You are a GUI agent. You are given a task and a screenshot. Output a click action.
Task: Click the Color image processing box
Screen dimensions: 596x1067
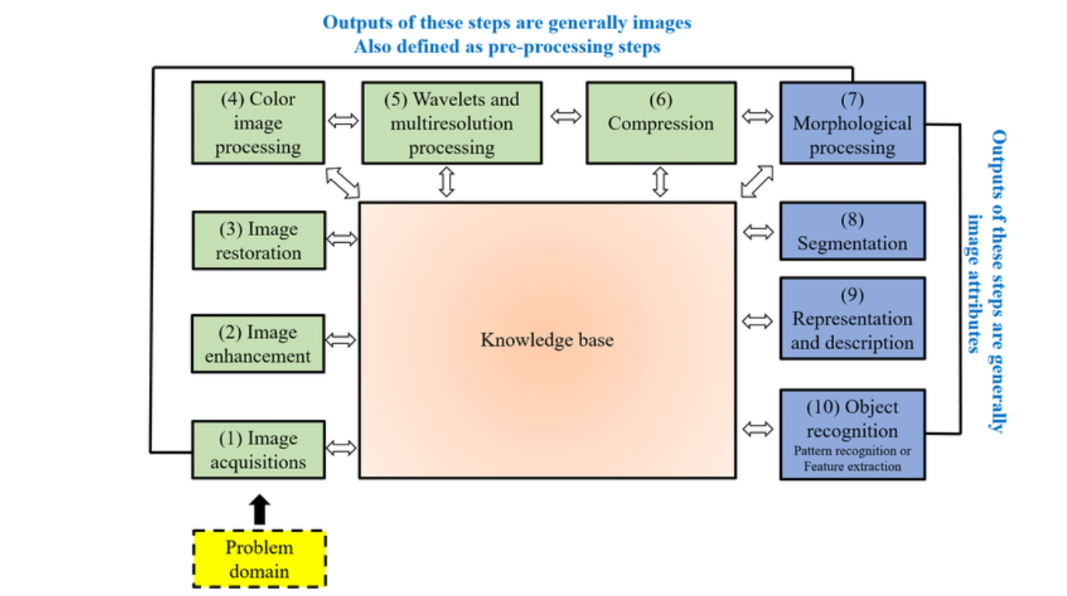(x=258, y=123)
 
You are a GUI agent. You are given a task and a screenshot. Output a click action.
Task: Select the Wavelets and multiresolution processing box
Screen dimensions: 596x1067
(x=451, y=123)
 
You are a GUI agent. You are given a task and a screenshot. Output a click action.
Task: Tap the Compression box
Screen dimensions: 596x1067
(x=660, y=123)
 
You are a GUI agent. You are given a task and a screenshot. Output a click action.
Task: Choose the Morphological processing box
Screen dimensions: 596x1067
(x=852, y=123)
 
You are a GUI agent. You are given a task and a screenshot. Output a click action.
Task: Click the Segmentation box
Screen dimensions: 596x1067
(x=852, y=231)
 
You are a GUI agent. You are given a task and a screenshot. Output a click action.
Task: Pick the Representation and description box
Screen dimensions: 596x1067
(x=852, y=318)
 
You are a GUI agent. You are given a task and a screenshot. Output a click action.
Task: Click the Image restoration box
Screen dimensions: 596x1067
(x=258, y=241)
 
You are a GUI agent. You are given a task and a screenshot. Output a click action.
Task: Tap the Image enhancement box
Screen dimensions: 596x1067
(x=258, y=344)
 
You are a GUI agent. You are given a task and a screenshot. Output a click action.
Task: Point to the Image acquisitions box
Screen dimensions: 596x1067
(x=258, y=450)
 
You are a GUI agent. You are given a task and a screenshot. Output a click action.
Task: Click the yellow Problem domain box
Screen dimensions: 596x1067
(x=259, y=559)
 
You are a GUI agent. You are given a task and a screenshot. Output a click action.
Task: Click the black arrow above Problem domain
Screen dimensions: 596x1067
(x=260, y=509)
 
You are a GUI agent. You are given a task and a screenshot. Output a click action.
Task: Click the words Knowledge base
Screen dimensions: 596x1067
(x=547, y=340)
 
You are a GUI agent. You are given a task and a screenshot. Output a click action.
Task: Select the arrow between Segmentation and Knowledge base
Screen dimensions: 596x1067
(x=759, y=231)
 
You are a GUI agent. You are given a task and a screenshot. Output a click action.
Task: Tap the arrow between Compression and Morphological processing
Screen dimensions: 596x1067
(x=758, y=116)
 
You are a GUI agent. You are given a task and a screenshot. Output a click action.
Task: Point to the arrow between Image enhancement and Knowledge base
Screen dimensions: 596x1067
(x=342, y=339)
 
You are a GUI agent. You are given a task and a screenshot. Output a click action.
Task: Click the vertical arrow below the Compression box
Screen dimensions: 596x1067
(x=660, y=182)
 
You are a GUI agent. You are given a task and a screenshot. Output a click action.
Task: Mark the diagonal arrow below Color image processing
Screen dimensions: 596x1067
(x=342, y=181)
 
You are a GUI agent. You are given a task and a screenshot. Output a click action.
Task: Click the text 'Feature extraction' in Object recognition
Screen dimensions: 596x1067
(x=852, y=466)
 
